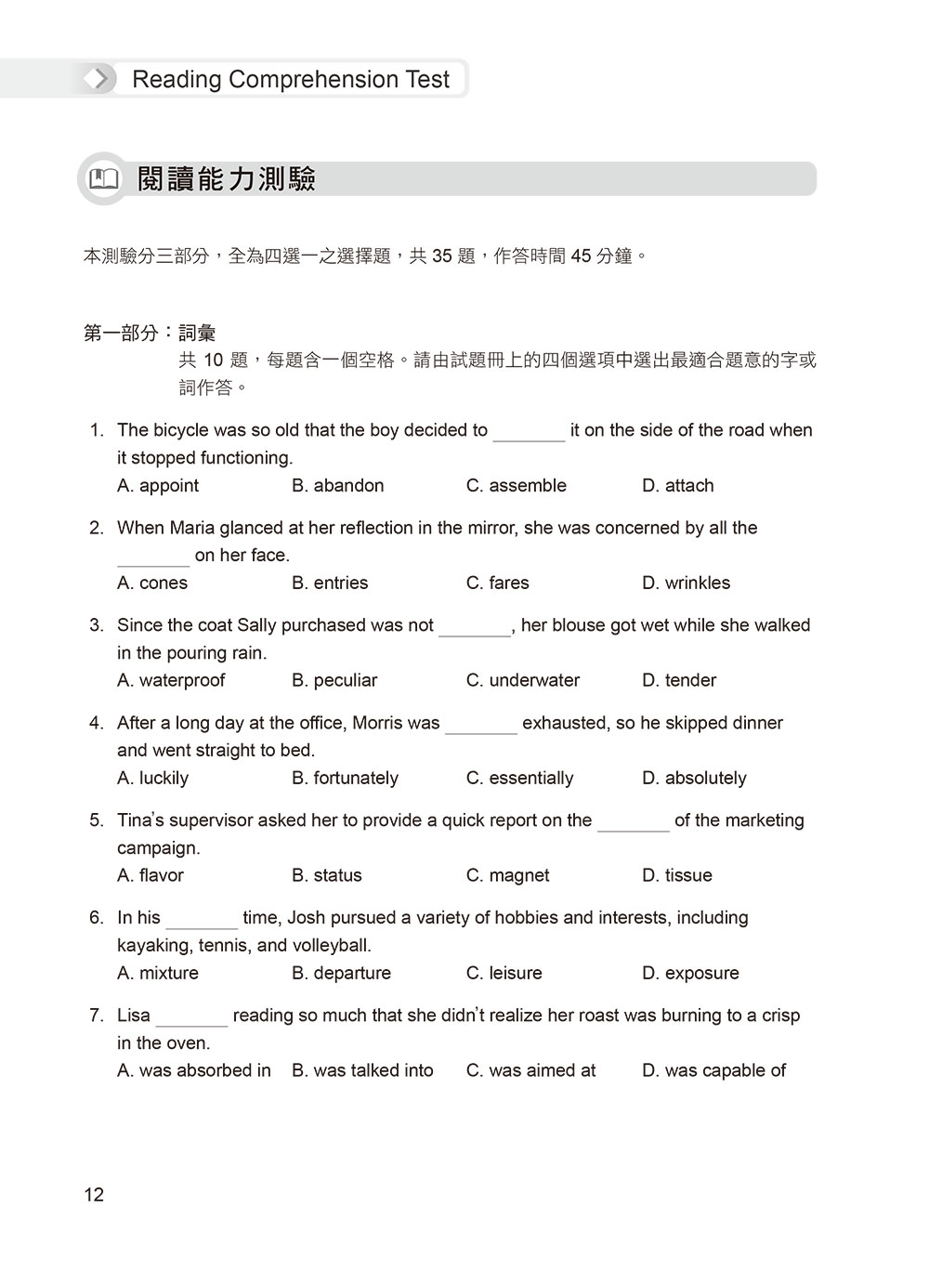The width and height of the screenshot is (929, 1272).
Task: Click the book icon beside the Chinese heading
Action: click(103, 178)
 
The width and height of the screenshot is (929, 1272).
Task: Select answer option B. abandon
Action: click(337, 486)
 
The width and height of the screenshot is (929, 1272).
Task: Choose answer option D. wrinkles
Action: click(686, 584)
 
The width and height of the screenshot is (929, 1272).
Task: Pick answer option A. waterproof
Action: click(171, 681)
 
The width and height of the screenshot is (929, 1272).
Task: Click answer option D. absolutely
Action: click(694, 779)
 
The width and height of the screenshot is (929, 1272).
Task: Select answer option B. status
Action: click(326, 876)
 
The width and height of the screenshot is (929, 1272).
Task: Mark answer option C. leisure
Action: click(504, 974)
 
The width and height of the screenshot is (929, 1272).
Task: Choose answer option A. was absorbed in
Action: click(194, 1071)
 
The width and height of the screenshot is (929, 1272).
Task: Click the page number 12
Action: click(94, 1195)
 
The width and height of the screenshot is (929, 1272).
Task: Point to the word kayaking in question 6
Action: click(151, 946)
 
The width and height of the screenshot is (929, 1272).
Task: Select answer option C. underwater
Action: click(522, 681)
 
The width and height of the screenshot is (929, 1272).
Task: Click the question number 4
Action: click(97, 724)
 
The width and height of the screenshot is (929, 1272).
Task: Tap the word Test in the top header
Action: click(427, 80)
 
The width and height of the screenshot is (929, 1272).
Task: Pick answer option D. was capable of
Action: click(713, 1071)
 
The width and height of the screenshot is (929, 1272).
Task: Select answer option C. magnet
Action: click(507, 876)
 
